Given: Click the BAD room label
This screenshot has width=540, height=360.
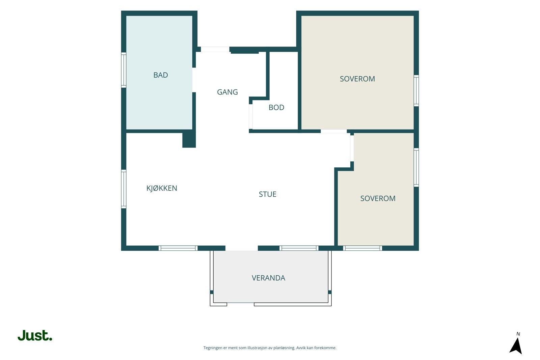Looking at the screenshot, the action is coord(161,75).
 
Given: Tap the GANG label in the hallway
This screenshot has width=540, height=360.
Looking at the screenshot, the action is coord(227,92).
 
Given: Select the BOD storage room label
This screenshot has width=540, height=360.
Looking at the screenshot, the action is coord(276,107).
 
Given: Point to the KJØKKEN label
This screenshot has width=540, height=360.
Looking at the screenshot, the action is coord(162,188).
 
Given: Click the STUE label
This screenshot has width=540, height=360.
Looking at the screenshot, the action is coord(268,194).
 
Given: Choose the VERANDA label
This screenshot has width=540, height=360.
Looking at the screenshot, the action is coord(268,278).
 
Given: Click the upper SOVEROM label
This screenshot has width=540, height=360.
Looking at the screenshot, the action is coord(357,79).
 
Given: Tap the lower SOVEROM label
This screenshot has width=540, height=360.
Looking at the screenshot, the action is coord(378,198).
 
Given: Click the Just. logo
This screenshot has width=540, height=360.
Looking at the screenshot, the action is coord(35,335).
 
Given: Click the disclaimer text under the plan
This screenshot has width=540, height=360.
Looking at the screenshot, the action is coord(270,348).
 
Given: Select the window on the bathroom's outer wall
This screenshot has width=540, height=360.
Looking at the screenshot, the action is coord(124,70).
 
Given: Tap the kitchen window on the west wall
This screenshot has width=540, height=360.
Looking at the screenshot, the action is coord(124,189).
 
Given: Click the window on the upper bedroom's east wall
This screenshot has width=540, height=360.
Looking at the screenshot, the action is coord(416,91).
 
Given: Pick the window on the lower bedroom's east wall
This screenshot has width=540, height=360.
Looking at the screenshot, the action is coord(416,167).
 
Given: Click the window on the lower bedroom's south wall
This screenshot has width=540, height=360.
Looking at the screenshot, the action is coord(362,248).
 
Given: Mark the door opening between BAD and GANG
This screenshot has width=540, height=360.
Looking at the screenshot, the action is coord(194,80).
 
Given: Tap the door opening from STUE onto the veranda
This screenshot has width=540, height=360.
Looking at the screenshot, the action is coord(242,248).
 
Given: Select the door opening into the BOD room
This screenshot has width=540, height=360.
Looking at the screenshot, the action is coord(251,117).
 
